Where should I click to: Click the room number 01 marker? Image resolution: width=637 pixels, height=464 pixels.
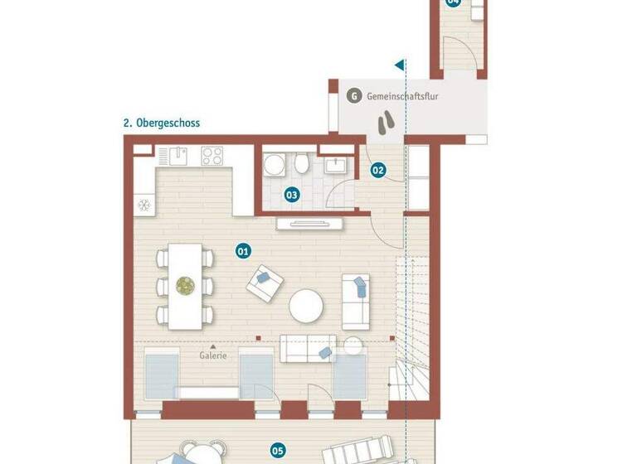point(243,249)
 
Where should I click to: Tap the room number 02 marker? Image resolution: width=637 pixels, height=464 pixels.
point(378,171)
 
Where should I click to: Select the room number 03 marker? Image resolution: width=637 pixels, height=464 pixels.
point(291,196)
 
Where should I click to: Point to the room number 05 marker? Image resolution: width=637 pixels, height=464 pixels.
point(278,451)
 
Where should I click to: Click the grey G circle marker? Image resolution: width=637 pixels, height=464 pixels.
point(354,96)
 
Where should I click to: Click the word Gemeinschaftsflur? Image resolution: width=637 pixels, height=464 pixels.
point(402,97)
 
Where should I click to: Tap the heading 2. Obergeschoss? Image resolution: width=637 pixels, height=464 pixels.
point(162,123)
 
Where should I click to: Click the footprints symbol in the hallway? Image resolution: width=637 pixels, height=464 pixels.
point(386,123)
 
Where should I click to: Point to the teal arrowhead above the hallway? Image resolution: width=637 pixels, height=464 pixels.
point(399,64)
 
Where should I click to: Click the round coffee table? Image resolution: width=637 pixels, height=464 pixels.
point(306,305)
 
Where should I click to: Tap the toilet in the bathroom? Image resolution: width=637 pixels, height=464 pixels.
point(302,165)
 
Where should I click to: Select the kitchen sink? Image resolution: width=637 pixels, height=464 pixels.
point(178,156)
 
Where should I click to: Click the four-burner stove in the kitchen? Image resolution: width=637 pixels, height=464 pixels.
point(212,156)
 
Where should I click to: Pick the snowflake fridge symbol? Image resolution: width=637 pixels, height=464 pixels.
point(143,204)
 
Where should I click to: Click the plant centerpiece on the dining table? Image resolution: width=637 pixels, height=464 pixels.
point(184,286)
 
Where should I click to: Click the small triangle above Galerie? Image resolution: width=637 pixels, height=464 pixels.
point(213,346)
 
